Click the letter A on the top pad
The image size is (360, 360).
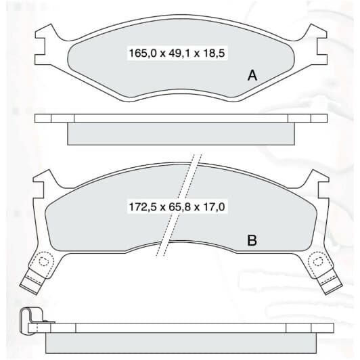pos(252,75)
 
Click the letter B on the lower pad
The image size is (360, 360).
pos(252,240)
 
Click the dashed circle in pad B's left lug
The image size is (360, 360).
pos(43,261)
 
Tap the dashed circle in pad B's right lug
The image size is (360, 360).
pos(318,261)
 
